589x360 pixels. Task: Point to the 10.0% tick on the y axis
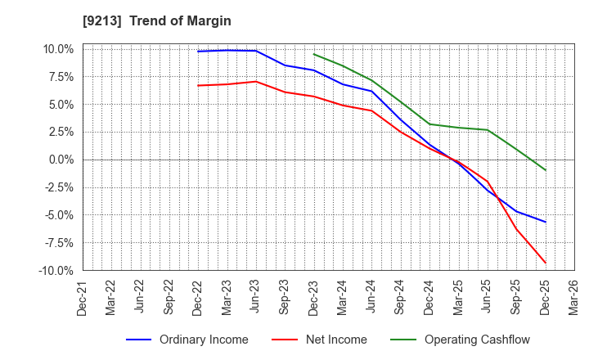pos(59,49)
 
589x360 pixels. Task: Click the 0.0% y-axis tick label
pos(61,160)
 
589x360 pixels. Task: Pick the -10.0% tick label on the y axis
pos(57,270)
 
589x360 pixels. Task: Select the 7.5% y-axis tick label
pos(61,77)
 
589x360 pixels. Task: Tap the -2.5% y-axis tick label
pos(59,187)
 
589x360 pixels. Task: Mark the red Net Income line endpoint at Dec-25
pos(546,263)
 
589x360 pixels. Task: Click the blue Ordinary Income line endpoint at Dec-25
pos(546,222)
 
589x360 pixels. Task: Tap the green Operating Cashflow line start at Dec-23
pos(314,54)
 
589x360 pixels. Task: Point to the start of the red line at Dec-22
pos(198,85)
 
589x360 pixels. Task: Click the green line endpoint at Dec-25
pos(546,170)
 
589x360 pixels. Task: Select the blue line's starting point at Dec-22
pos(198,52)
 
